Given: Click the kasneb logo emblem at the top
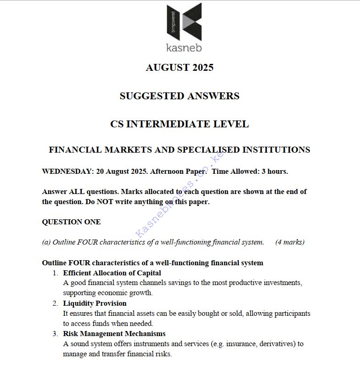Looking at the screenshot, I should tap(184, 21).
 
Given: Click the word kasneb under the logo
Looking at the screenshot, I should tap(184, 47).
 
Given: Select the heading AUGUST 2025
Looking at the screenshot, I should tap(180, 68).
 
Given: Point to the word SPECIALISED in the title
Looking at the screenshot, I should tap(208, 150).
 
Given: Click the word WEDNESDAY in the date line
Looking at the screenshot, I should tap(67, 171).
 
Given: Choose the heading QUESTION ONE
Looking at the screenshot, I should tap(71, 222).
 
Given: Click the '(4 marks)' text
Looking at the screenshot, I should tap(290, 242).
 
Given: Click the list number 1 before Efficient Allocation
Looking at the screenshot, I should tap(54, 273).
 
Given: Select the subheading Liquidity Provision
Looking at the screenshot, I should tap(95, 303).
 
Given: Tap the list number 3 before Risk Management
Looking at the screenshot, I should tap(54, 334).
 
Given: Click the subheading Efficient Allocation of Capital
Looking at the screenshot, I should tap(112, 273).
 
